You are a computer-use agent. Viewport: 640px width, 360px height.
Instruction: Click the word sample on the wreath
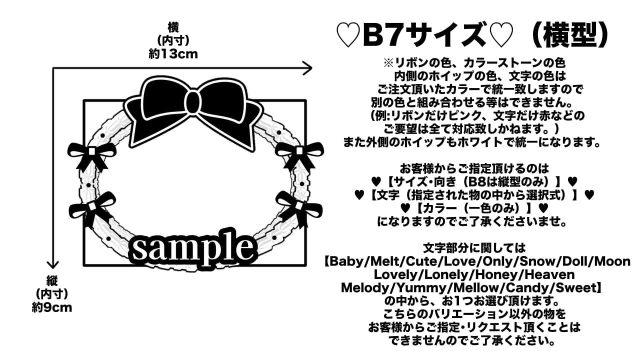pyautogui.click(x=192, y=248)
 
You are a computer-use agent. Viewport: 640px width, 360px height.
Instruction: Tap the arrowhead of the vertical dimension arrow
pyautogui.click(x=52, y=264)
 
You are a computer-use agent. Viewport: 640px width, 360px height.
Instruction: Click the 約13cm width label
pyautogui.click(x=173, y=54)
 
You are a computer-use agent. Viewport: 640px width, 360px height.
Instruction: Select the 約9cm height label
pyautogui.click(x=52, y=307)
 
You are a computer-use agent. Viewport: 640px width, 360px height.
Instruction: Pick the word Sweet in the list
pyautogui.click(x=577, y=288)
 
